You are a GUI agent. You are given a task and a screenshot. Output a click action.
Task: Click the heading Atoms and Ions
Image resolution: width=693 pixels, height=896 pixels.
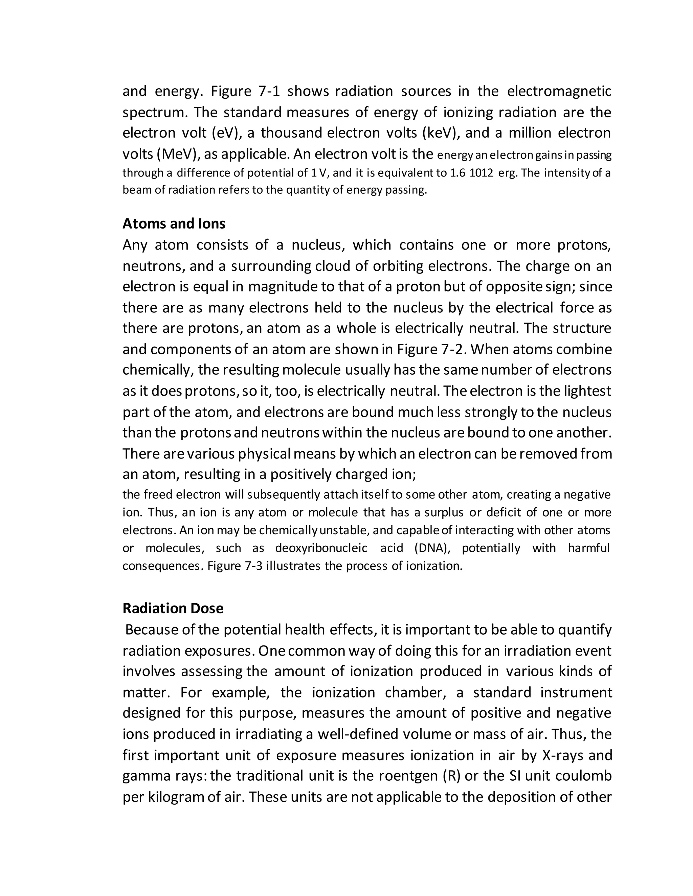(174, 223)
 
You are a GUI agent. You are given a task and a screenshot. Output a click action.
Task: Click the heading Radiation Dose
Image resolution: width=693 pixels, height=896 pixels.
(173, 608)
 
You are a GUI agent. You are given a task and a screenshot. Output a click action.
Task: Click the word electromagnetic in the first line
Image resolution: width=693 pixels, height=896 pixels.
(559, 91)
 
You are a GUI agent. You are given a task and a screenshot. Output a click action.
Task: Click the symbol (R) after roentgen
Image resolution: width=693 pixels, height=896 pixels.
(452, 776)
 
